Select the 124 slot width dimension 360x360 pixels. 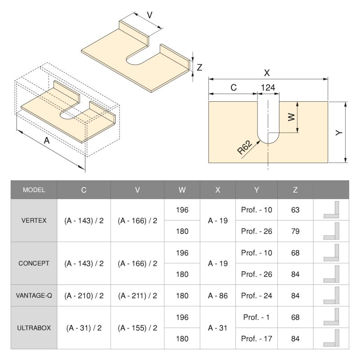click(x=268, y=88)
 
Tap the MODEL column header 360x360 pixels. click(x=34, y=190)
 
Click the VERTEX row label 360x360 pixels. click(x=34, y=220)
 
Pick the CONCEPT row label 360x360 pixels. click(x=34, y=263)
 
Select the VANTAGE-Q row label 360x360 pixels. click(x=34, y=296)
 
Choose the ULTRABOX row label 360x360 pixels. click(x=34, y=328)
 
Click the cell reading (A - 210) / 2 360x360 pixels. click(x=84, y=296)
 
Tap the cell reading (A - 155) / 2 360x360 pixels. click(x=137, y=328)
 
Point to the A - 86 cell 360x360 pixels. click(x=218, y=296)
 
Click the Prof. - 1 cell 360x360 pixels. click(x=256, y=317)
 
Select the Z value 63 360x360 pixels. click(x=295, y=210)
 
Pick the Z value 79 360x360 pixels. click(x=295, y=231)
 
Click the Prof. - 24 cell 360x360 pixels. click(x=256, y=296)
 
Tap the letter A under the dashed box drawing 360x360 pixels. click(x=46, y=140)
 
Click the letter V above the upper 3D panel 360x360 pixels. click(x=149, y=14)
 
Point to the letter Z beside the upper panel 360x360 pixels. click(x=199, y=67)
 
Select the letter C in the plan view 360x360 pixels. click(x=233, y=88)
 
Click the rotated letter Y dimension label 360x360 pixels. click(x=338, y=132)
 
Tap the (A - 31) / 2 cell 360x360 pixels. click(x=84, y=328)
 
